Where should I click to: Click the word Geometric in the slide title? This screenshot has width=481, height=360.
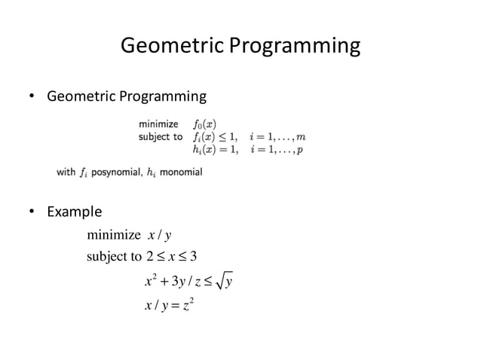pyautogui.click(x=172, y=46)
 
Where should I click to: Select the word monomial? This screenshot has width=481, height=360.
pyautogui.click(x=181, y=172)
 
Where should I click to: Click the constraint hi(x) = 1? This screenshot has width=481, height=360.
pyautogui.click(x=216, y=149)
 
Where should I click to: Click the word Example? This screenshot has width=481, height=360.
pyautogui.click(x=74, y=212)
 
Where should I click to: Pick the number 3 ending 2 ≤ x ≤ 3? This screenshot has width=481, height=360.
pyautogui.click(x=193, y=256)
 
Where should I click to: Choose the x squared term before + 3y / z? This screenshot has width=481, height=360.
pyautogui.click(x=149, y=281)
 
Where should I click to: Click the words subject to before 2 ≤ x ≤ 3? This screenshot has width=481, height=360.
pyautogui.click(x=114, y=256)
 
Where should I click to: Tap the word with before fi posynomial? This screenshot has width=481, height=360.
pyautogui.click(x=66, y=172)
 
